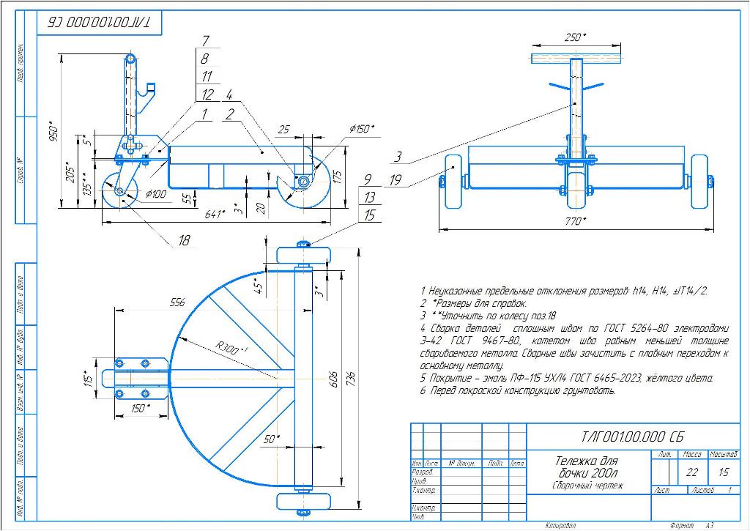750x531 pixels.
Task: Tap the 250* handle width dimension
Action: click(x=577, y=37)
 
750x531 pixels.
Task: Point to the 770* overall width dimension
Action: click(x=576, y=220)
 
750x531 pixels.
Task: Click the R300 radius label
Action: click(x=232, y=346)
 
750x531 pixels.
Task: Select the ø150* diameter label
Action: click(x=359, y=129)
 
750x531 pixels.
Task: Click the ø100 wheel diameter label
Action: click(x=157, y=193)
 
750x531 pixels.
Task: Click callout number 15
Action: click(x=369, y=215)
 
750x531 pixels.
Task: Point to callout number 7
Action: click(x=206, y=41)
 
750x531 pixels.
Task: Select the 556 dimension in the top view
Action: click(x=176, y=302)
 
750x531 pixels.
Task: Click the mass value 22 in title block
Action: click(x=692, y=472)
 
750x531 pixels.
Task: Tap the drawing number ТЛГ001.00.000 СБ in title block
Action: click(x=633, y=437)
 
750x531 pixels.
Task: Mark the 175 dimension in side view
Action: click(x=337, y=177)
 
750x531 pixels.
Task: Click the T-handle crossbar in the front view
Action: click(x=577, y=57)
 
